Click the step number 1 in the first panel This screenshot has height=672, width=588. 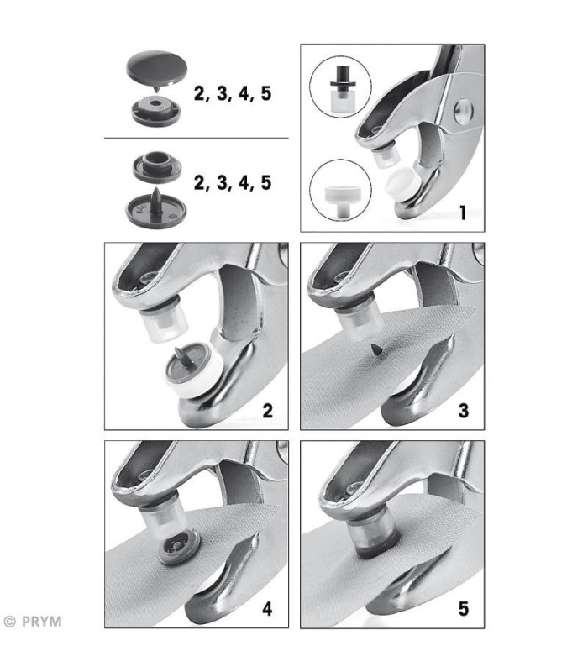(x=463, y=213)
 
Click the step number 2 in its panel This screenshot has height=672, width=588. (x=267, y=411)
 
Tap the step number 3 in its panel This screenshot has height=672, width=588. (x=464, y=411)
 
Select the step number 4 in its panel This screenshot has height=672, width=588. (x=267, y=608)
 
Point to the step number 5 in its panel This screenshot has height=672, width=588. (x=464, y=608)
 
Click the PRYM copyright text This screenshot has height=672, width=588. (x=33, y=622)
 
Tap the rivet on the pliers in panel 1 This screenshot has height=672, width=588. (x=464, y=112)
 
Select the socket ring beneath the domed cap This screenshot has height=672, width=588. (x=156, y=110)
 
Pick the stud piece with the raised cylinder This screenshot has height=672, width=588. (x=156, y=166)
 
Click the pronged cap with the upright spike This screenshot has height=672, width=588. (x=156, y=208)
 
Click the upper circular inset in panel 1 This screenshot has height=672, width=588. (x=341, y=87)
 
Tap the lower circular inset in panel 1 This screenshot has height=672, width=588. (x=341, y=191)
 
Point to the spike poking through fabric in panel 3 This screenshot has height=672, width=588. (x=377, y=349)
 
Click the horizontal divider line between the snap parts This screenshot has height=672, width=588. (x=197, y=139)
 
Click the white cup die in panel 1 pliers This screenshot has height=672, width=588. (x=402, y=180)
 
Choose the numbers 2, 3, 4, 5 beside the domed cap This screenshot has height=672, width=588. (x=233, y=93)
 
